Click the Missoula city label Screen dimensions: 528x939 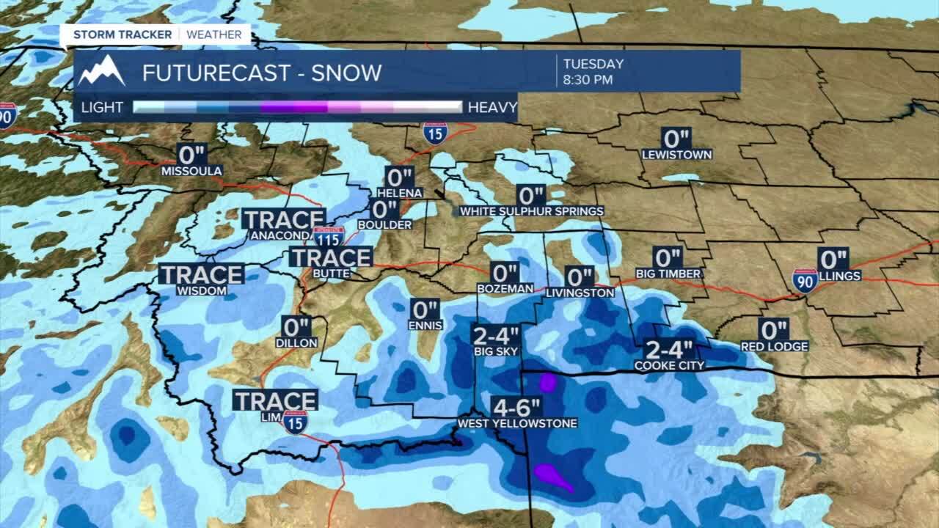click(191, 171)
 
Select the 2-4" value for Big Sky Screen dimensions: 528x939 click(495, 336)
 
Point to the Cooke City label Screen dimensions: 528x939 click(669, 365)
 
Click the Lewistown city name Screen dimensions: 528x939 click(676, 155)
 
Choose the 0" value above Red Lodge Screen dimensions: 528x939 click(774, 331)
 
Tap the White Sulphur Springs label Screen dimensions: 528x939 click(532, 211)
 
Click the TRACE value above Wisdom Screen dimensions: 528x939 click(202, 275)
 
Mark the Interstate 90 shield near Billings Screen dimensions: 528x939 click(805, 280)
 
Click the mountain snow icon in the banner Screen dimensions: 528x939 click(101, 71)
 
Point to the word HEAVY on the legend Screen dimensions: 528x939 click(492, 108)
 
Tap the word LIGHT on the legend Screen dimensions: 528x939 click(102, 108)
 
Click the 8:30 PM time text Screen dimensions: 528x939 click(588, 80)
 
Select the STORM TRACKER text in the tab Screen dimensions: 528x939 click(123, 34)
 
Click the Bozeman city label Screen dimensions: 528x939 click(505, 289)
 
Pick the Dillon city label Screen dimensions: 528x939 click(296, 342)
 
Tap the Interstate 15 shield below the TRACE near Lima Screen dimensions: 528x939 click(295, 422)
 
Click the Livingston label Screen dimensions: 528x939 click(580, 293)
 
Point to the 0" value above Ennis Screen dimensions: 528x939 click(425, 309)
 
